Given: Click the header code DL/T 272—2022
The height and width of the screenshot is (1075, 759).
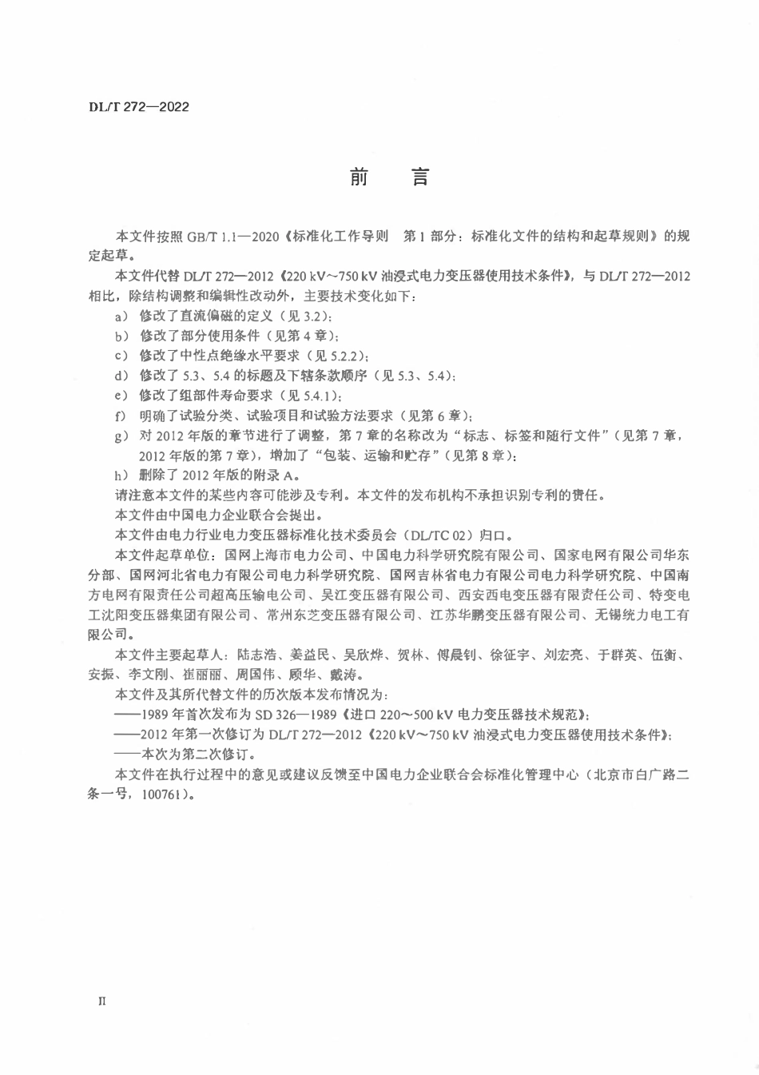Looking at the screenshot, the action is pyautogui.click(x=138, y=106).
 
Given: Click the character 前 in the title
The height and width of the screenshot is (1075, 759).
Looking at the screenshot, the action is pyautogui.click(x=359, y=177).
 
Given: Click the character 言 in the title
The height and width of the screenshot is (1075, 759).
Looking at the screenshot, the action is pyautogui.click(x=420, y=177).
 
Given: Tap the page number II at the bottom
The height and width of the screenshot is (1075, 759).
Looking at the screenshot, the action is pyautogui.click(x=101, y=1000).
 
